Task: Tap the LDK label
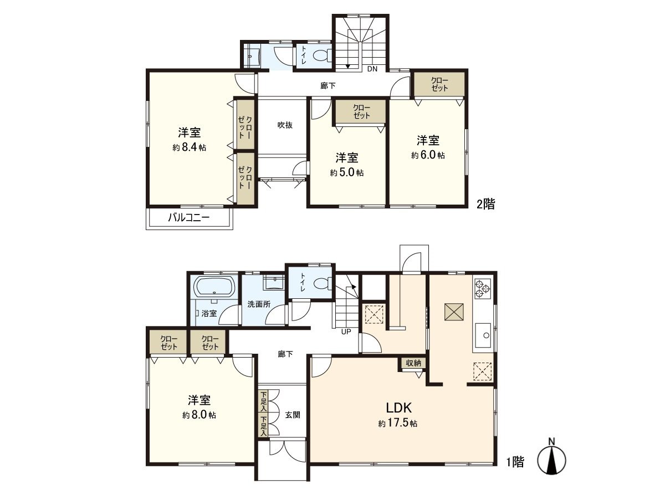(398, 408)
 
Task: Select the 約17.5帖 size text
(398, 424)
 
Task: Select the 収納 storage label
(413, 363)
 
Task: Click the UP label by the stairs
(346, 332)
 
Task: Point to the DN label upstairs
(372, 69)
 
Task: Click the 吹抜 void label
(285, 125)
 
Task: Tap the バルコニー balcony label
(189, 218)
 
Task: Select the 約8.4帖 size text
(189, 147)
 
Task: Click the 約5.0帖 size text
(347, 172)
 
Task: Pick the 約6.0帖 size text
(428, 155)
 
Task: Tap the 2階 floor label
(485, 204)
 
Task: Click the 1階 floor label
(515, 462)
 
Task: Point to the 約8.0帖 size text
(198, 415)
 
